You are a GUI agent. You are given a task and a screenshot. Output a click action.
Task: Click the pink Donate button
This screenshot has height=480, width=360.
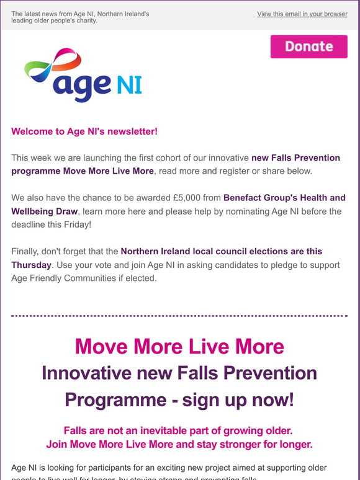click(309, 47)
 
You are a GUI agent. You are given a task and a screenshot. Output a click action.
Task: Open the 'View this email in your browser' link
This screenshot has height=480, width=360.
click(302, 14)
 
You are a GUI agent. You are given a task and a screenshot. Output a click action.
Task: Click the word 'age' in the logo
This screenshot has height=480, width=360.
click(82, 86)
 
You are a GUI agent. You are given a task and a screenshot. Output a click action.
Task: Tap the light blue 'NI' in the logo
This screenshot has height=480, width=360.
click(128, 84)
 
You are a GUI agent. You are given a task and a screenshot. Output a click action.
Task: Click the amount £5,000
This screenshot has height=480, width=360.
click(199, 198)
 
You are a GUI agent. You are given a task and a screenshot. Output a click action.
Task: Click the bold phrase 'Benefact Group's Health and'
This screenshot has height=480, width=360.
click(293, 198)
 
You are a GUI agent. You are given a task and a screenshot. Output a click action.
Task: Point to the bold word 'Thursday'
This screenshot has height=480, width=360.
click(31, 265)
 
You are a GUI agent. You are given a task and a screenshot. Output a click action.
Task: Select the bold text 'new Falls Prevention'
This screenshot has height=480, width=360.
click(296, 158)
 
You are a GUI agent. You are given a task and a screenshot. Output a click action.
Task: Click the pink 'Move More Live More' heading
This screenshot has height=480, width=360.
click(179, 346)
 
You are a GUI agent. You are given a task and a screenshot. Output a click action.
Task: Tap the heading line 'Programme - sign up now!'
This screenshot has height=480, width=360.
click(179, 399)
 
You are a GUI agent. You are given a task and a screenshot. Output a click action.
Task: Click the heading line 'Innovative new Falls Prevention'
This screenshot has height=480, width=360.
click(179, 373)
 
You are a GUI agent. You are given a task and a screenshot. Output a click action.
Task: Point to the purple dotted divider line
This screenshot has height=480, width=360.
click(179, 316)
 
